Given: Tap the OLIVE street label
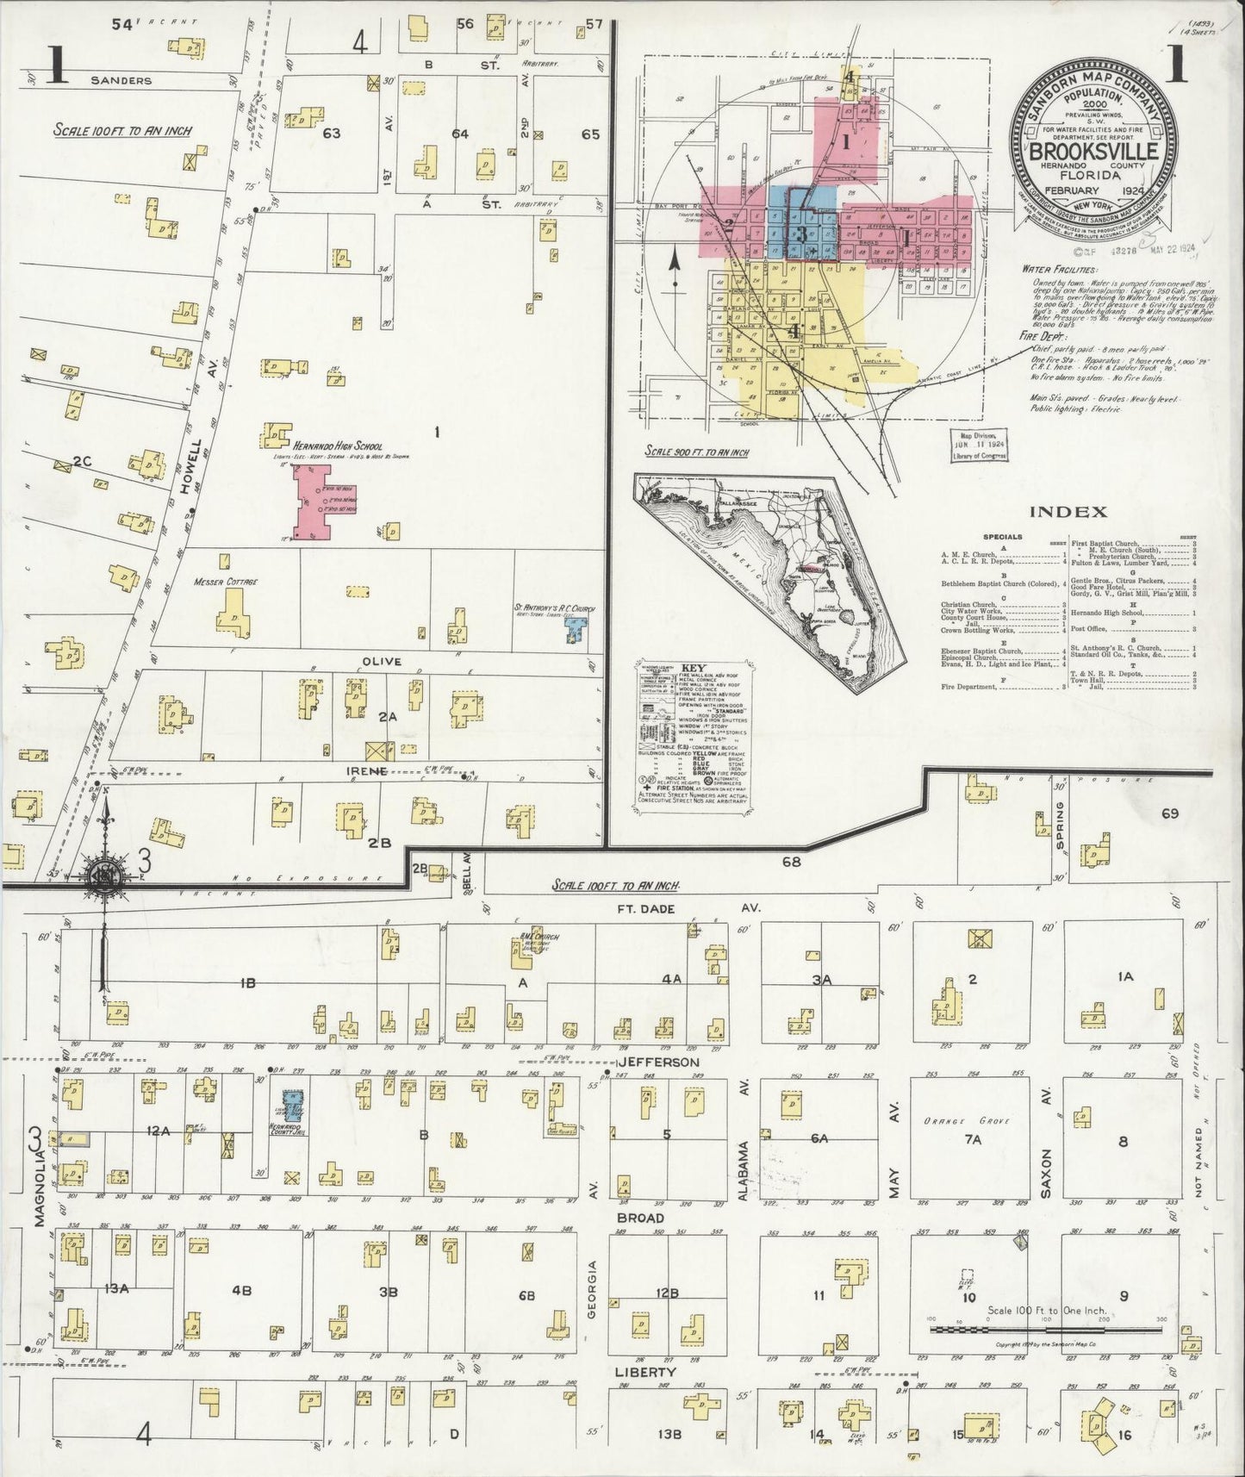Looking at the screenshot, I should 383,661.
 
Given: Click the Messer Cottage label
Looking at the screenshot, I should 227,582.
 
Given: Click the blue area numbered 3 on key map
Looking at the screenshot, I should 802,233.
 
